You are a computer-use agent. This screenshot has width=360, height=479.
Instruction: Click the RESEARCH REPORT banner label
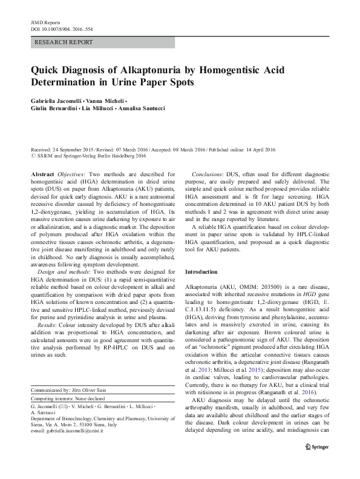[x=64, y=42]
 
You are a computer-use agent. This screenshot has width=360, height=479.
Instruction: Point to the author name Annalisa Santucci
[x=151, y=107]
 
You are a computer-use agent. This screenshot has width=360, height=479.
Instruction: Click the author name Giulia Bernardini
[x=54, y=107]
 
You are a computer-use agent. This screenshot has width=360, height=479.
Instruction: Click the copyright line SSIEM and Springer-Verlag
[x=88, y=156]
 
